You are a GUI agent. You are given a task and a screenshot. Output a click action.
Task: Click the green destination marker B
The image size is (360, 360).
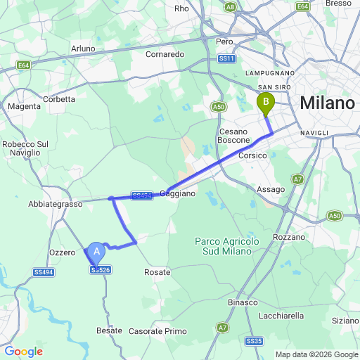[x=266, y=103]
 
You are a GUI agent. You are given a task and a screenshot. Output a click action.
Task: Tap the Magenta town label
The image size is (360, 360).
[x=23, y=106]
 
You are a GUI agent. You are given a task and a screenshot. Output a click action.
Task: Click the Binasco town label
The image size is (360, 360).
[x=243, y=302]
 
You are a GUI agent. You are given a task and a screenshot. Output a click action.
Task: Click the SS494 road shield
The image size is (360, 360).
[x=44, y=272]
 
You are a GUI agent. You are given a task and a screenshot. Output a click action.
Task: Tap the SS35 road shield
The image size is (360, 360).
[x=254, y=341]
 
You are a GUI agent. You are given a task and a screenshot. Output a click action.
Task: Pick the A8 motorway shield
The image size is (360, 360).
[x=230, y=6]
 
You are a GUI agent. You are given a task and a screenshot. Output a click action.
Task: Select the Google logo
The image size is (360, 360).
[x=23, y=352]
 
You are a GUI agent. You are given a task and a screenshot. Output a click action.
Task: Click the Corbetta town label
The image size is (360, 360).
[x=59, y=99]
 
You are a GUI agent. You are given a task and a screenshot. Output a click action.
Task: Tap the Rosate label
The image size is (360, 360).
[x=157, y=272]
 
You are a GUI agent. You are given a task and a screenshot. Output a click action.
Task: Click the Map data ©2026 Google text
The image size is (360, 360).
[x=316, y=354]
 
